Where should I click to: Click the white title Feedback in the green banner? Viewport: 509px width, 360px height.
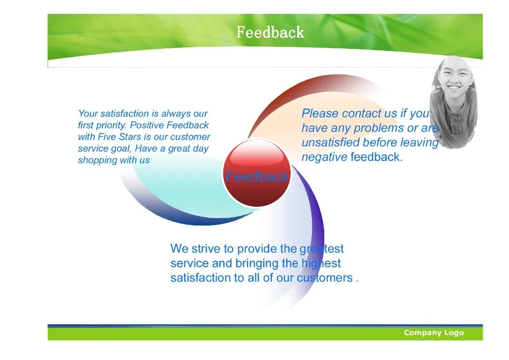270,32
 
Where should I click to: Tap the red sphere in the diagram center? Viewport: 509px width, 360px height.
257,173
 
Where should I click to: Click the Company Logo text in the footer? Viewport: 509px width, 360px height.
434,333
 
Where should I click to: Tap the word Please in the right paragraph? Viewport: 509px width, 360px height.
320,113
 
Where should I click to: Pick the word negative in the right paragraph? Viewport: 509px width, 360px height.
324,157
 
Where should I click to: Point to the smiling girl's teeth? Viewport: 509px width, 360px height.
454,88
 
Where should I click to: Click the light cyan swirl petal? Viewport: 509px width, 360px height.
195,191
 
